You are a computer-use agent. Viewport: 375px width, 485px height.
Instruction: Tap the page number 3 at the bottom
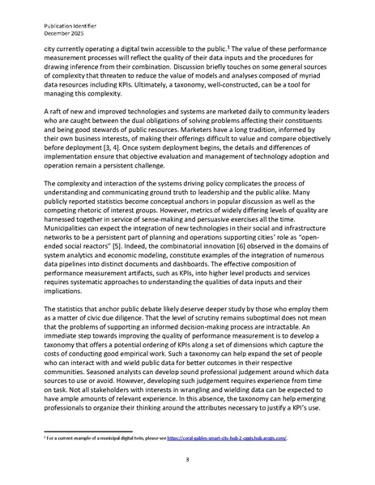187,459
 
